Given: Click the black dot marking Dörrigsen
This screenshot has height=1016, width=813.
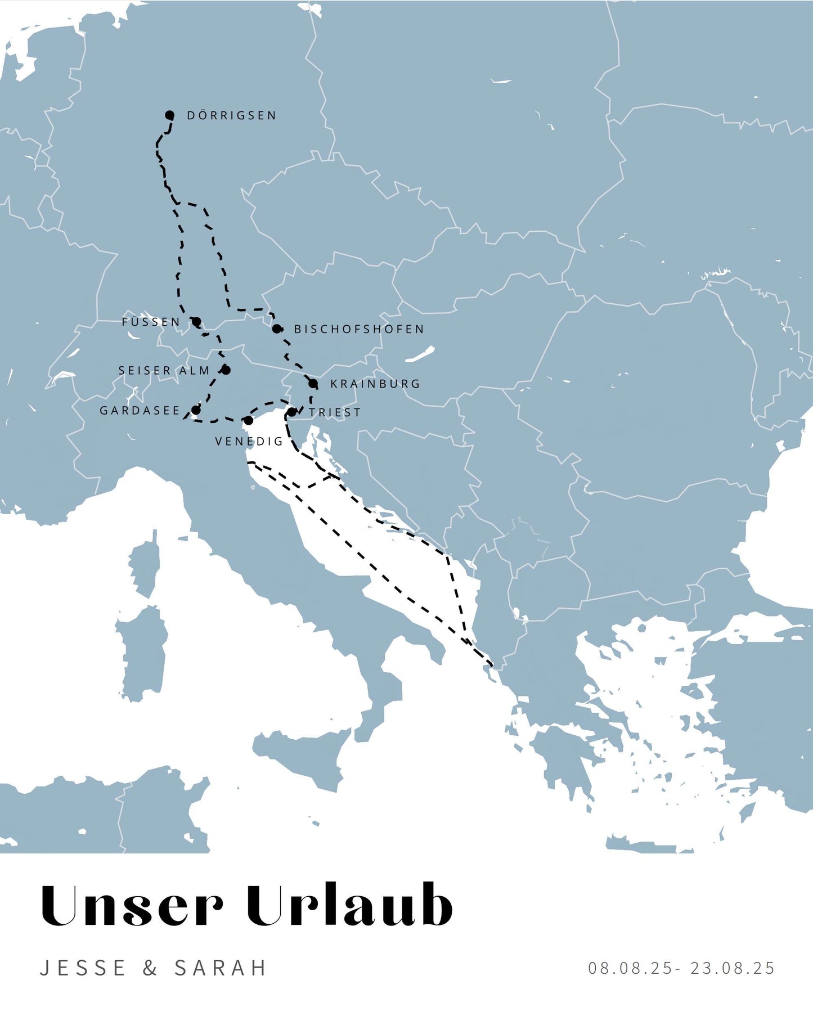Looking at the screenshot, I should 169,115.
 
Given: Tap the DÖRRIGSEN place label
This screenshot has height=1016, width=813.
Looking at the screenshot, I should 231,115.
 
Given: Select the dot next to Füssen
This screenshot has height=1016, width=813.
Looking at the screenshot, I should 196,322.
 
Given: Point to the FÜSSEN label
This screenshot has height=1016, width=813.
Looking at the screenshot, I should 151,322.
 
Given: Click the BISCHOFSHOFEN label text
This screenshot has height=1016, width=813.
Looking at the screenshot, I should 359,329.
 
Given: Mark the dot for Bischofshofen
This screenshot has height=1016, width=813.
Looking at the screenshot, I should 277,329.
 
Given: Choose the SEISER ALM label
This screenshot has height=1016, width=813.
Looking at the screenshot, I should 164,371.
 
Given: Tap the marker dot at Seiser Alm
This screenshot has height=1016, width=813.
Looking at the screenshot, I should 226,370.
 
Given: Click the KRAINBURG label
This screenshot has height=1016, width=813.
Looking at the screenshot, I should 375,384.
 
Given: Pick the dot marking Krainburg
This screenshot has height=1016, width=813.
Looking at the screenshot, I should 313,384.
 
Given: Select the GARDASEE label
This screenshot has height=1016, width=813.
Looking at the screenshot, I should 140,411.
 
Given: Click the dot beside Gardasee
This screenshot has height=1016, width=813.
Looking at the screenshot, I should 196,410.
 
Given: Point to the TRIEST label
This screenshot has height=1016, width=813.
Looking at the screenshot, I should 335,412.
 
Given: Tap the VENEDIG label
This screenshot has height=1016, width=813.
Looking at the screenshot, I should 249,442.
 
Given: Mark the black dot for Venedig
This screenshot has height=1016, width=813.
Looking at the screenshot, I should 248,420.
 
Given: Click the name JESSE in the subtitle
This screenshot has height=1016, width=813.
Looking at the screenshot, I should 83,968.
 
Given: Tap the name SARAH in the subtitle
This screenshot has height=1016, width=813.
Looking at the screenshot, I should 221,968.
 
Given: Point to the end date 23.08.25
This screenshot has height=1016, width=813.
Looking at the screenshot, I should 733,968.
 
